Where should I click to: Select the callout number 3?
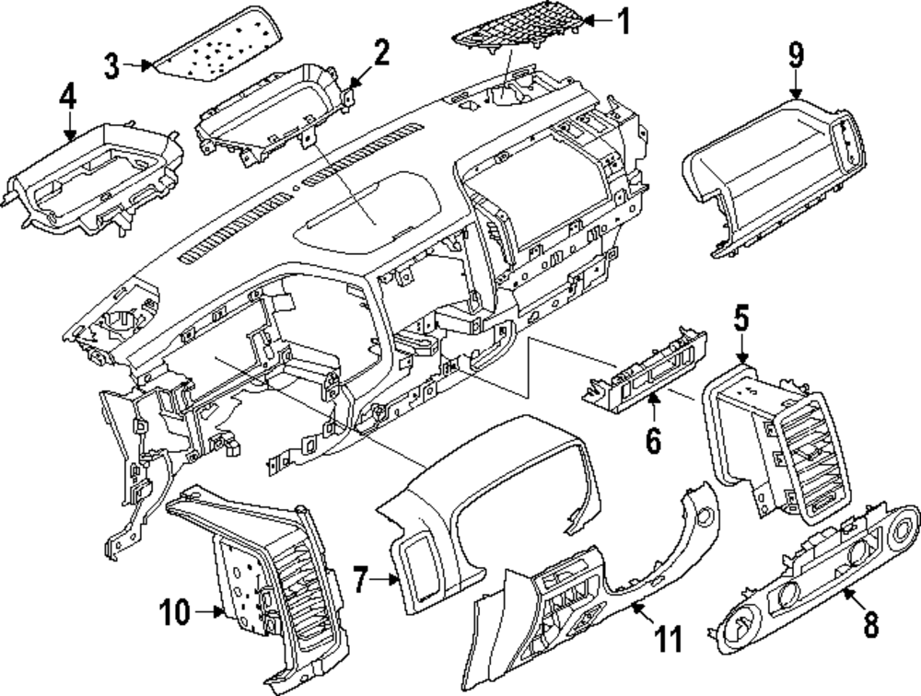pyautogui.click(x=111, y=64)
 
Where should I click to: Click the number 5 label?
pyautogui.click(x=742, y=322)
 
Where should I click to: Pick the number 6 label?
pyautogui.click(x=652, y=442)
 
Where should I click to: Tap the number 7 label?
pyautogui.click(x=362, y=580)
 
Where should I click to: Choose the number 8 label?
pyautogui.click(x=870, y=626)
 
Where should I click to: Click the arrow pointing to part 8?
pyautogui.click(x=853, y=603)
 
